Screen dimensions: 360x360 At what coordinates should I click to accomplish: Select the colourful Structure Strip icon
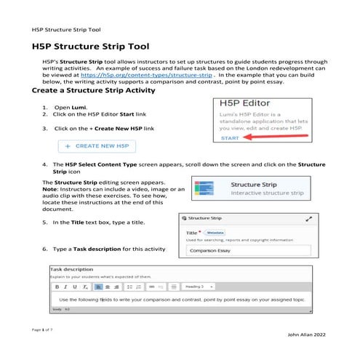pos(203,190)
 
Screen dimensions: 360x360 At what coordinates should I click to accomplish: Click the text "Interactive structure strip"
pos(265,194)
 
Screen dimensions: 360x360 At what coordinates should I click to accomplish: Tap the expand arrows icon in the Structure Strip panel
pos(309,218)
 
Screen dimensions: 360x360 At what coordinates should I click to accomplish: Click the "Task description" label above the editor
pos(72,268)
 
